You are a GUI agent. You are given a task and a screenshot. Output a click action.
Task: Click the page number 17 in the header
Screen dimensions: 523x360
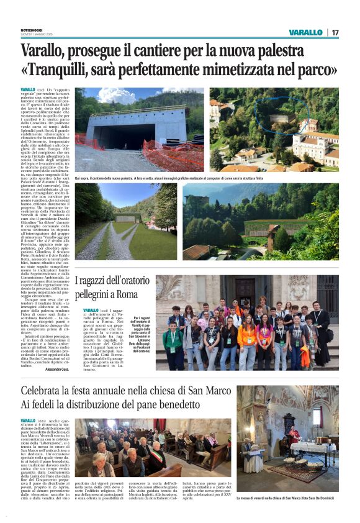pyautogui.click(x=335, y=32)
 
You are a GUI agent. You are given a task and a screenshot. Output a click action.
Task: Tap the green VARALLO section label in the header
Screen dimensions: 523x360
pyautogui.click(x=305, y=32)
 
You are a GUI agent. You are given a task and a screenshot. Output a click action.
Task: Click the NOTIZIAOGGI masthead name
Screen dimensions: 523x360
pyautogui.click(x=32, y=29)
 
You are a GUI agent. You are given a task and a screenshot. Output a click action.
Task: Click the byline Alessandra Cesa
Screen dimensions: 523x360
pyautogui.click(x=57, y=369)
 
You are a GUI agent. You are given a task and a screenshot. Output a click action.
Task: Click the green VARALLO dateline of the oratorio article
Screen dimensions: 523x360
pyautogui.click(x=91, y=309)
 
